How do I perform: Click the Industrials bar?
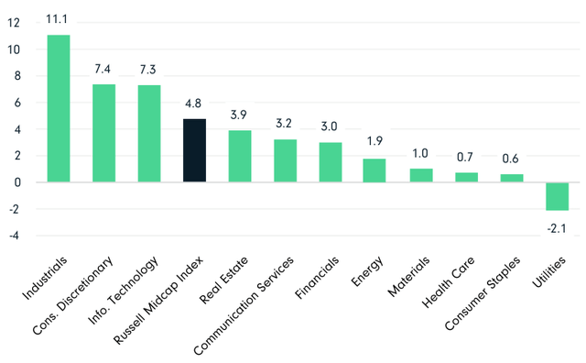(59, 108)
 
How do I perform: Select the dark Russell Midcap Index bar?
(194, 150)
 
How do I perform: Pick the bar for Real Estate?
(240, 156)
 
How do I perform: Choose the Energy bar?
(375, 170)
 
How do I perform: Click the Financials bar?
(331, 162)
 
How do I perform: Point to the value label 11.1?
(59, 21)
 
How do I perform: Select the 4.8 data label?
(194, 104)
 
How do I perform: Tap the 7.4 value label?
(104, 71)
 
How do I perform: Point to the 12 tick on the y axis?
(13, 23)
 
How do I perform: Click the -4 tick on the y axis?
(11, 236)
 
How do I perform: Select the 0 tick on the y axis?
(15, 182)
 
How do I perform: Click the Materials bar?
(420, 175)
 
